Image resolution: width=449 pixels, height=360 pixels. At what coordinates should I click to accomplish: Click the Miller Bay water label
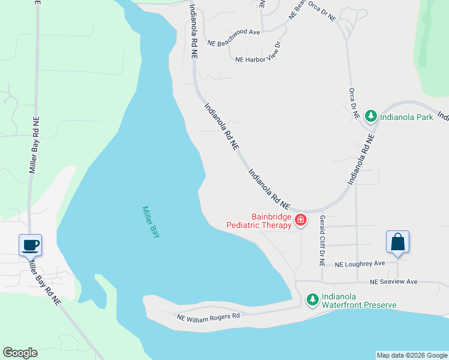[x=151, y=222]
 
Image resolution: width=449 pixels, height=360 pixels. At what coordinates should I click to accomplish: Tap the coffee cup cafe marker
[x=31, y=245]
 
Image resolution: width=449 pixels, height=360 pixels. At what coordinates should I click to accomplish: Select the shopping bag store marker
[x=397, y=242]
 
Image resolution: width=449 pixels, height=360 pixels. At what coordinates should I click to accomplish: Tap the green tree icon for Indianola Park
[x=371, y=116]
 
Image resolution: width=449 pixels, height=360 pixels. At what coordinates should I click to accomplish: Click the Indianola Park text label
[x=407, y=117]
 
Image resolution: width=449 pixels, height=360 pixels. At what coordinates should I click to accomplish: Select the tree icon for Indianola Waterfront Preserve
[x=312, y=299]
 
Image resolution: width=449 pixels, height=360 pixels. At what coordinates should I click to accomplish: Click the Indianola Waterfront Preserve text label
[x=359, y=301]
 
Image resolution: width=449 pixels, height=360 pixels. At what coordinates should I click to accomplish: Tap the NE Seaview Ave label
[x=393, y=281]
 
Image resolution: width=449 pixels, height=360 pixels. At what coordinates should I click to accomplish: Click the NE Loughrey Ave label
[x=360, y=263]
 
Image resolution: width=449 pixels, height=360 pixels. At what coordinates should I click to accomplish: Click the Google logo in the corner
[x=20, y=353]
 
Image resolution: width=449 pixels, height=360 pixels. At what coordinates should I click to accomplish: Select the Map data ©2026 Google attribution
[x=412, y=355]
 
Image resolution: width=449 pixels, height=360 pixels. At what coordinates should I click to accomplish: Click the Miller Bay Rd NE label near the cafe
[x=44, y=281]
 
